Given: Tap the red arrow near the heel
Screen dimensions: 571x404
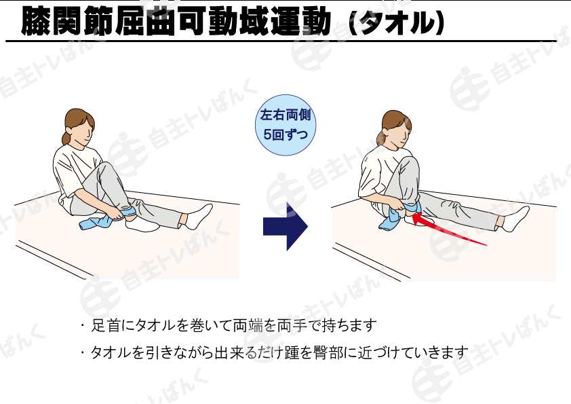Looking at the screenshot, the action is point(450,230).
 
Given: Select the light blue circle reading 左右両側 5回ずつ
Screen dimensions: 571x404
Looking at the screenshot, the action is point(285,125).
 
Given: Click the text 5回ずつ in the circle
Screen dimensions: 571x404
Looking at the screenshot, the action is point(285,134).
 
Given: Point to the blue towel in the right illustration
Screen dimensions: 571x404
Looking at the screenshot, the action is point(395,217).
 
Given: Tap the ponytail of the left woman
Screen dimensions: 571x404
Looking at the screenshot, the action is point(66,137).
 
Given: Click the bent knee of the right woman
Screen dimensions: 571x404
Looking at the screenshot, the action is point(410,162).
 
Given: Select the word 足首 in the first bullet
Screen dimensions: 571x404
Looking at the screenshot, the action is point(105,325).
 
